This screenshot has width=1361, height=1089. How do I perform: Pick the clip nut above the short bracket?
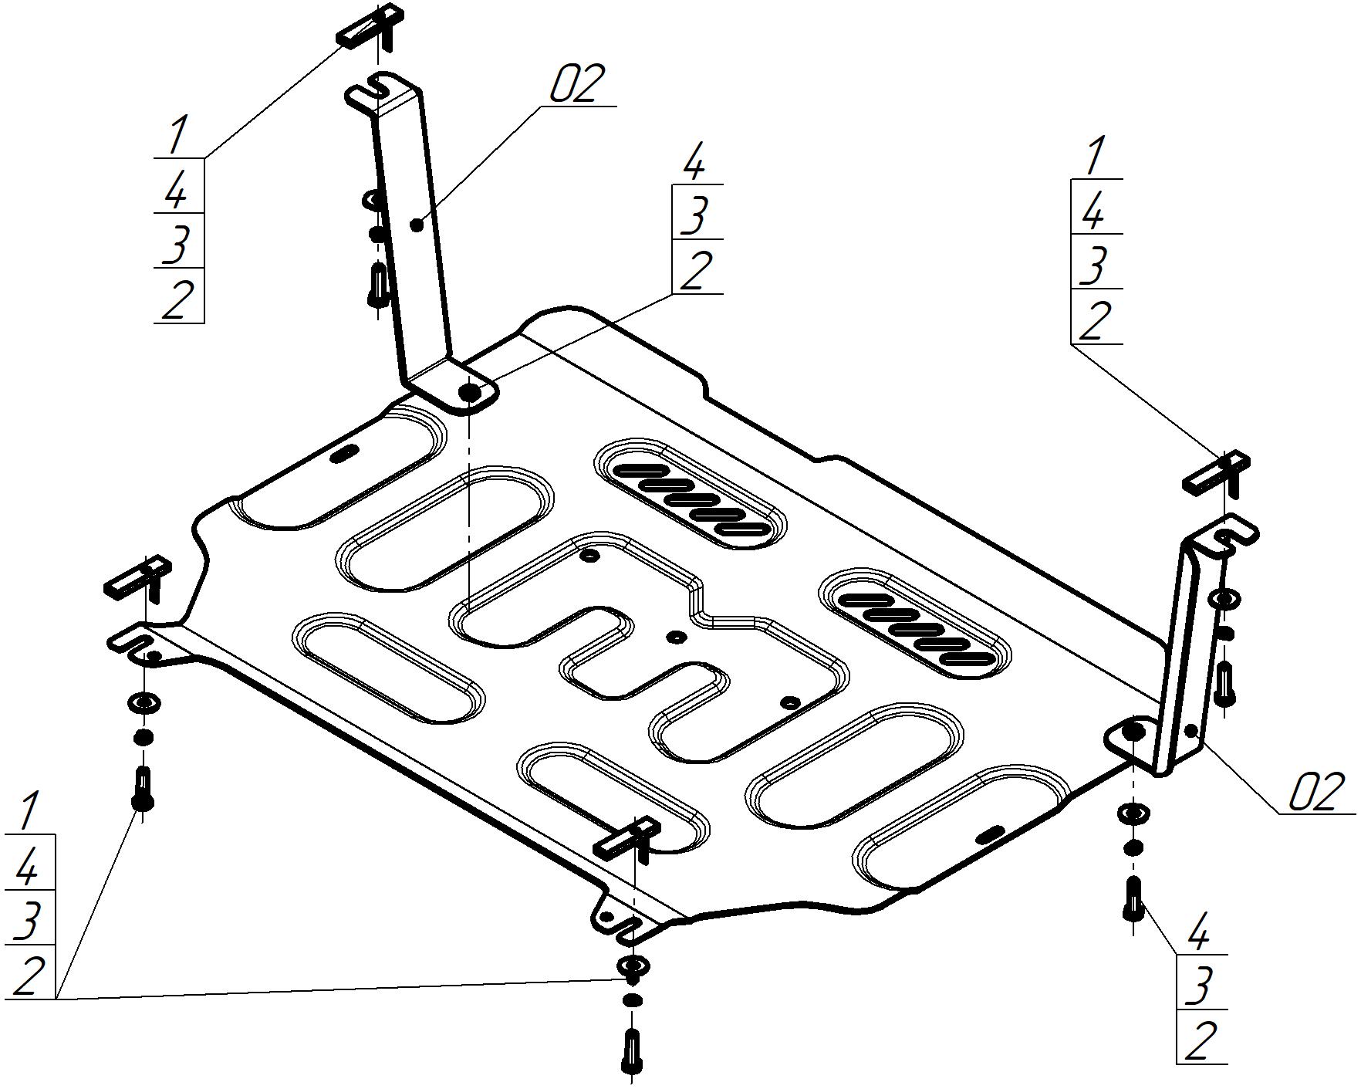coord(1217,472)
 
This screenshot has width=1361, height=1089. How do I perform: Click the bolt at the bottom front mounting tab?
coord(632,1050)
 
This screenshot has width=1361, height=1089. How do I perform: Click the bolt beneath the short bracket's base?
coord(1132,898)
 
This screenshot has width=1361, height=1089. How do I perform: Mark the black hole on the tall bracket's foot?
coord(471,392)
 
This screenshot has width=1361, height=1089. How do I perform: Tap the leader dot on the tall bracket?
coord(417,225)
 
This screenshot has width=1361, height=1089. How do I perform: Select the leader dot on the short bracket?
coord(1194,730)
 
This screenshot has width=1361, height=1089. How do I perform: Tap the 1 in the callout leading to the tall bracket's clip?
coord(177,135)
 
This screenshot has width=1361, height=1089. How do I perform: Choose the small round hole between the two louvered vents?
coord(677,636)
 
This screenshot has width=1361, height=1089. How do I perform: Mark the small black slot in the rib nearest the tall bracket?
coord(344,453)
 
